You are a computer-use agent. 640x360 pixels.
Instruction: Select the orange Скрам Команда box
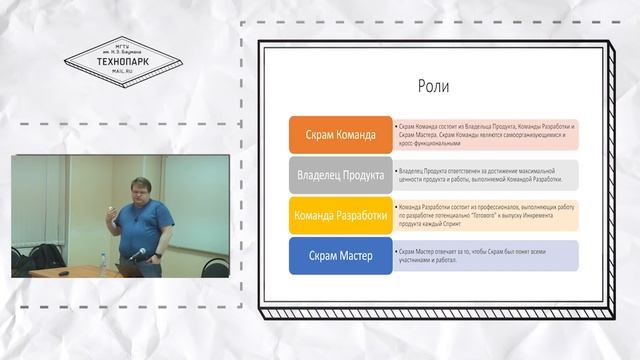[x=339, y=135]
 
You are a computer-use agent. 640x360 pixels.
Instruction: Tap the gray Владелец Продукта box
[x=339, y=175]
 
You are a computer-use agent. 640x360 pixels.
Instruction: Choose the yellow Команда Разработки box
[x=339, y=215]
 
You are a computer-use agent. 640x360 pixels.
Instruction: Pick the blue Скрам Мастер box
[x=339, y=255]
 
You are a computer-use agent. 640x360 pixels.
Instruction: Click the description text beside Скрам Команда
[x=486, y=135]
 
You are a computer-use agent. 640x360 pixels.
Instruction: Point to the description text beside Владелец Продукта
[x=486, y=175]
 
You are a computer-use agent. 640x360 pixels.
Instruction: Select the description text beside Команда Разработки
[x=486, y=215]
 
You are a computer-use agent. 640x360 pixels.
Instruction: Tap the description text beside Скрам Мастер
[x=486, y=255]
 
